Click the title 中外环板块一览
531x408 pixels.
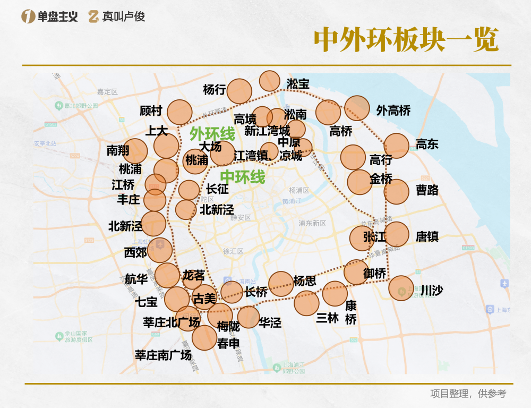(406, 39)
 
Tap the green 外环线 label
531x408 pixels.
(212, 133)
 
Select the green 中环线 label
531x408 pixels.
(243, 176)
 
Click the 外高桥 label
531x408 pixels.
(393, 110)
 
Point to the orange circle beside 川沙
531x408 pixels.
(401, 288)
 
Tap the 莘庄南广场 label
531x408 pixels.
(163, 355)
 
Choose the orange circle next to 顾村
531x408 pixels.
(179, 112)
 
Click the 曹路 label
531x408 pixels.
(427, 190)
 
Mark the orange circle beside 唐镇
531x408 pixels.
(396, 234)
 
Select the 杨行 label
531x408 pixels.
(214, 90)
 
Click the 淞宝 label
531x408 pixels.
(298, 84)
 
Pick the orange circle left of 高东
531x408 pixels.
(396, 146)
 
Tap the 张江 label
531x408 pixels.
(374, 237)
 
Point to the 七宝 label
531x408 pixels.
(147, 302)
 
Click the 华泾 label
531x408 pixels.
(270, 323)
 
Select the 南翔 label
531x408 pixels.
(118, 150)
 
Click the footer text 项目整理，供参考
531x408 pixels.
(468, 394)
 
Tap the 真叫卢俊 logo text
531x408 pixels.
(124, 16)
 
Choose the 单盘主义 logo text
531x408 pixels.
(57, 16)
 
